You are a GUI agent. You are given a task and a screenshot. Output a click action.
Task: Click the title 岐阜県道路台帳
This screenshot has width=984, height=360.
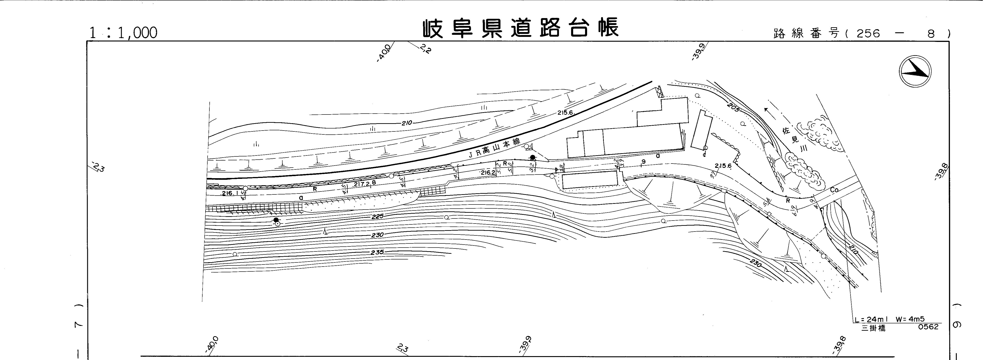pos(520,29)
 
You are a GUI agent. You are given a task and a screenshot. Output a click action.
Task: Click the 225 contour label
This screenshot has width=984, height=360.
pos(377,217)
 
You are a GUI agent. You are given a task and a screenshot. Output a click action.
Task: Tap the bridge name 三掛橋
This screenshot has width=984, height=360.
pos(874,328)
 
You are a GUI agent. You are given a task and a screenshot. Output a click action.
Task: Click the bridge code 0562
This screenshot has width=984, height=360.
pos(928,327)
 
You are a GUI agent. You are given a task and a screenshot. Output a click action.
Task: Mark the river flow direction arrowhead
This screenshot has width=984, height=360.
pos(767,110)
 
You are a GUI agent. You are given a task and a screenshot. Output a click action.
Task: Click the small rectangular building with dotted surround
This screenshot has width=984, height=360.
pos(589,180)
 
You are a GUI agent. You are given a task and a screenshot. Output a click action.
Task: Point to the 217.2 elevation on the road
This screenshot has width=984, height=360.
pos(361,184)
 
